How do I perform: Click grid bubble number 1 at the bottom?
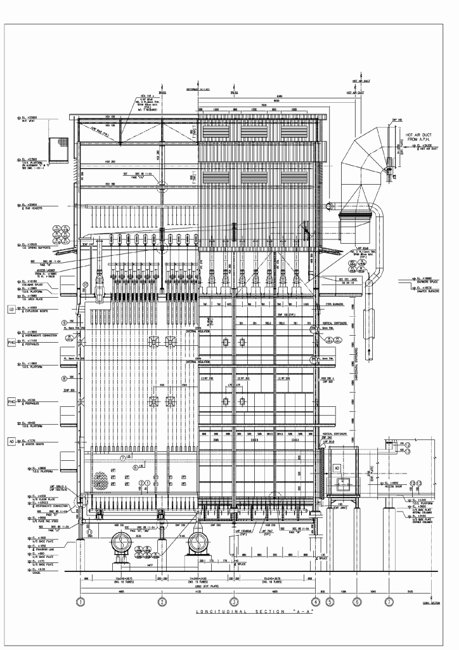[81, 600]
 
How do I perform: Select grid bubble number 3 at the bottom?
[234, 600]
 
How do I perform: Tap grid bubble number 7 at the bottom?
[388, 600]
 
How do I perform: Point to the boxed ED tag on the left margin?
[11, 309]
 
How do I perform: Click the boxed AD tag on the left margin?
[11, 441]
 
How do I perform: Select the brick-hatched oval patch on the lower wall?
[100, 477]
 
